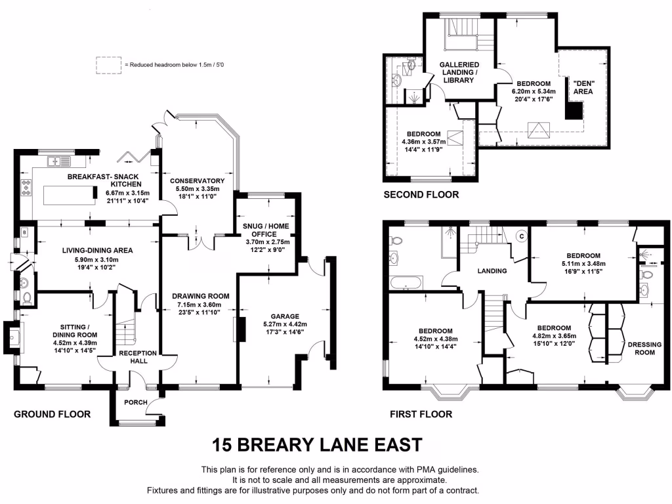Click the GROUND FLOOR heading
click(52, 414)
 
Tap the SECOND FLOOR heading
click(421, 194)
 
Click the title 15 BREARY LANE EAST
click(316, 445)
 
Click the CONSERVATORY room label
click(197, 180)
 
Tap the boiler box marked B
click(24, 232)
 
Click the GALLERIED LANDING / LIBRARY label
click(458, 72)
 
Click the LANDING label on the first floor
click(492, 270)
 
